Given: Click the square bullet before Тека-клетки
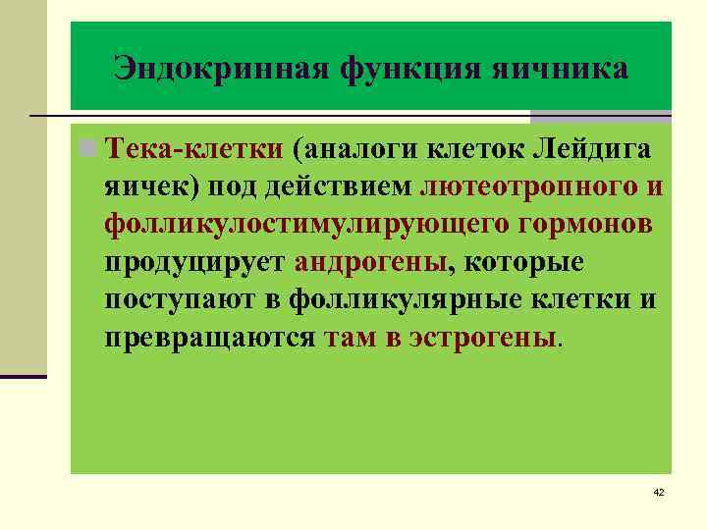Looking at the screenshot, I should point(89,149).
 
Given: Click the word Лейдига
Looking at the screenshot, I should point(599,149).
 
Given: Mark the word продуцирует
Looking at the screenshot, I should point(195,263).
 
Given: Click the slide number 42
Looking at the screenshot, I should point(658,492).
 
